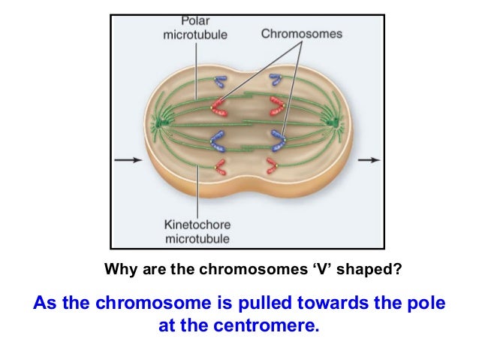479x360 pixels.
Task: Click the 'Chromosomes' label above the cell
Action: coord(301,34)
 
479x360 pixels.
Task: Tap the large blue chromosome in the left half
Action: coord(219,140)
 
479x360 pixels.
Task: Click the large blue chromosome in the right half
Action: coord(279,138)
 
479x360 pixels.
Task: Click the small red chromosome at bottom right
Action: coord(273,166)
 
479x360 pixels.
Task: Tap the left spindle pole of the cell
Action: coord(161,120)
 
